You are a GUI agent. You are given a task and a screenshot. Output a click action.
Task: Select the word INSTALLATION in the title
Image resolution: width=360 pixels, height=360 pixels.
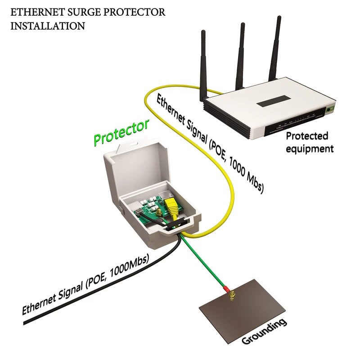pyautogui.click(x=47, y=26)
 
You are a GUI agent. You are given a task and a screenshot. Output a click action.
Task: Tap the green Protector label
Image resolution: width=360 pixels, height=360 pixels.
pyautogui.click(x=121, y=133)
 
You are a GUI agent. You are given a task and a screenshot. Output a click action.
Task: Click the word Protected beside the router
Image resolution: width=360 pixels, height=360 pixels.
pyautogui.click(x=307, y=136)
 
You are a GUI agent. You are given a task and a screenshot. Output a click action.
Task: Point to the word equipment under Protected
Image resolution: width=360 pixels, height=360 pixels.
pyautogui.click(x=310, y=148)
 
